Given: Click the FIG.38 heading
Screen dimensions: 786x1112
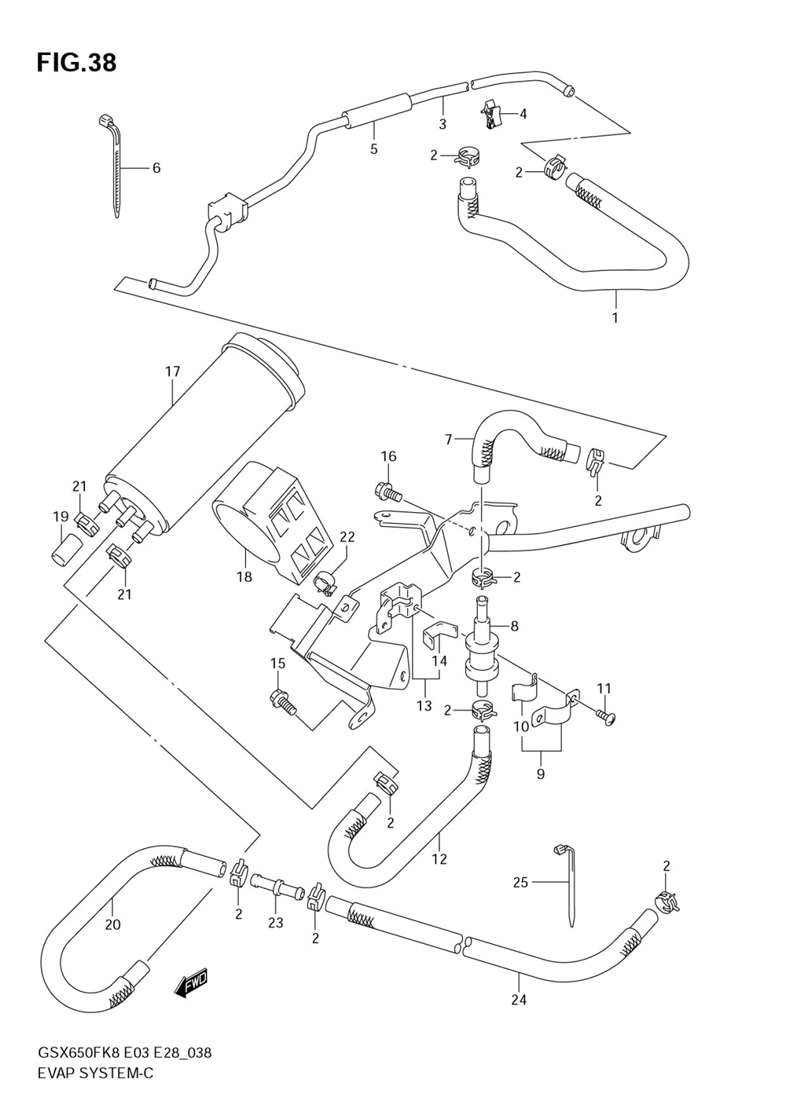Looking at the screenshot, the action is click(76, 63).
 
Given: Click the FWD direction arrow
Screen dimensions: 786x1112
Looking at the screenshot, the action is click(192, 982).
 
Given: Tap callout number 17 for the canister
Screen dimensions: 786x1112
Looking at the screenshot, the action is click(172, 371).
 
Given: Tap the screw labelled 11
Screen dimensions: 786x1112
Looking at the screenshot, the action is click(606, 716).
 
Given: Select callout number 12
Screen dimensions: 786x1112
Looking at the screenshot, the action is click(439, 858).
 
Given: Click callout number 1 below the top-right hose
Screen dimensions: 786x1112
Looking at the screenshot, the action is click(615, 317).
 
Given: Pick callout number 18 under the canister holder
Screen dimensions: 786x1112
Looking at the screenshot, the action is click(244, 577).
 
